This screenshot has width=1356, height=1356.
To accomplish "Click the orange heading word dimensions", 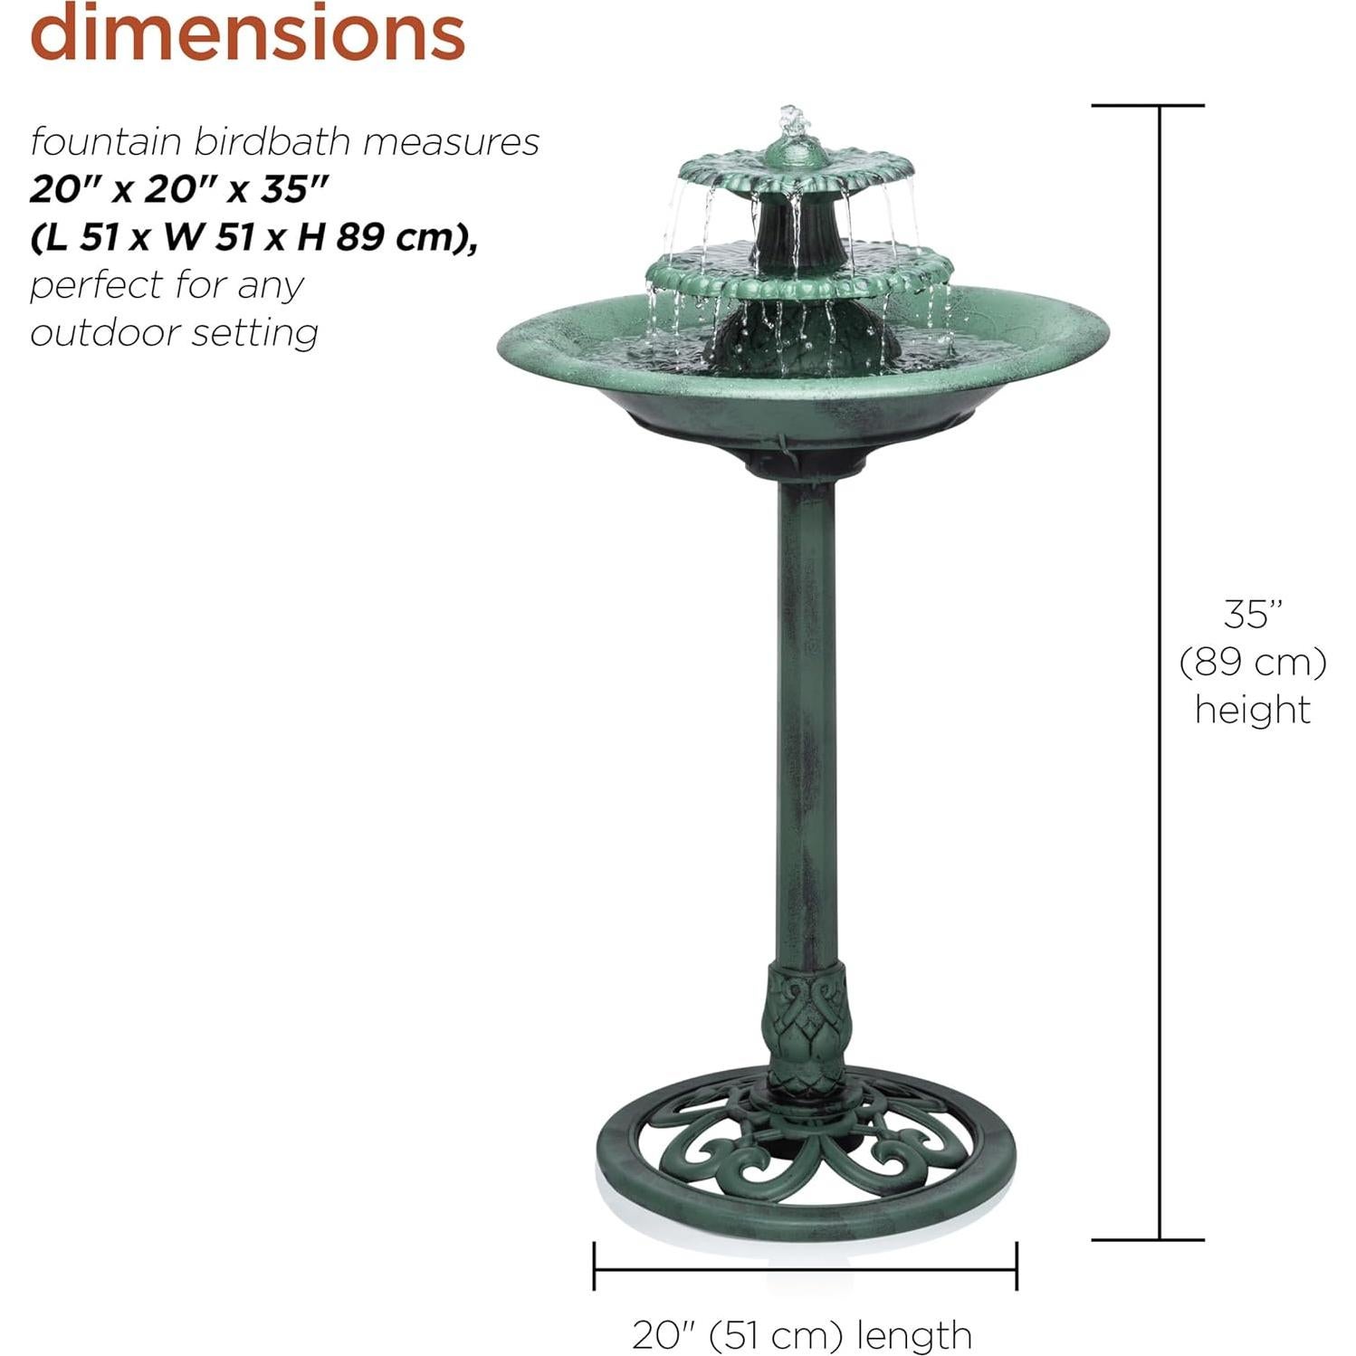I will (x=247, y=33).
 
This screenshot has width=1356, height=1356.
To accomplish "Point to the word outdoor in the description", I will (x=91, y=332).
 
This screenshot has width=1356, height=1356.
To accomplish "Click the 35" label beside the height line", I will (x=1253, y=615).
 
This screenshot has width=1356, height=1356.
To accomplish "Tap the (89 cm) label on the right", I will (x=1253, y=662).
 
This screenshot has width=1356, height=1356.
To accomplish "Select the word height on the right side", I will (x=1253, y=709).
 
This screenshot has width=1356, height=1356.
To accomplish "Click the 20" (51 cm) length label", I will (x=802, y=1335).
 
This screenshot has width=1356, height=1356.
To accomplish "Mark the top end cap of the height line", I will (x=1147, y=106).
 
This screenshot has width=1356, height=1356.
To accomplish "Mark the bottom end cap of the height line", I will (x=1147, y=1239).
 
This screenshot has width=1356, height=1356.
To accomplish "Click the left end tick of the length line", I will (x=594, y=1265).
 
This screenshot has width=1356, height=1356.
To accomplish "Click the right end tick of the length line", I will (x=1017, y=1265).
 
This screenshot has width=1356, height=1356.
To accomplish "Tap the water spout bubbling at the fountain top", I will (x=792, y=123).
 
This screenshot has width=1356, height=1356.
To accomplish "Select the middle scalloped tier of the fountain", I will (x=800, y=272).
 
